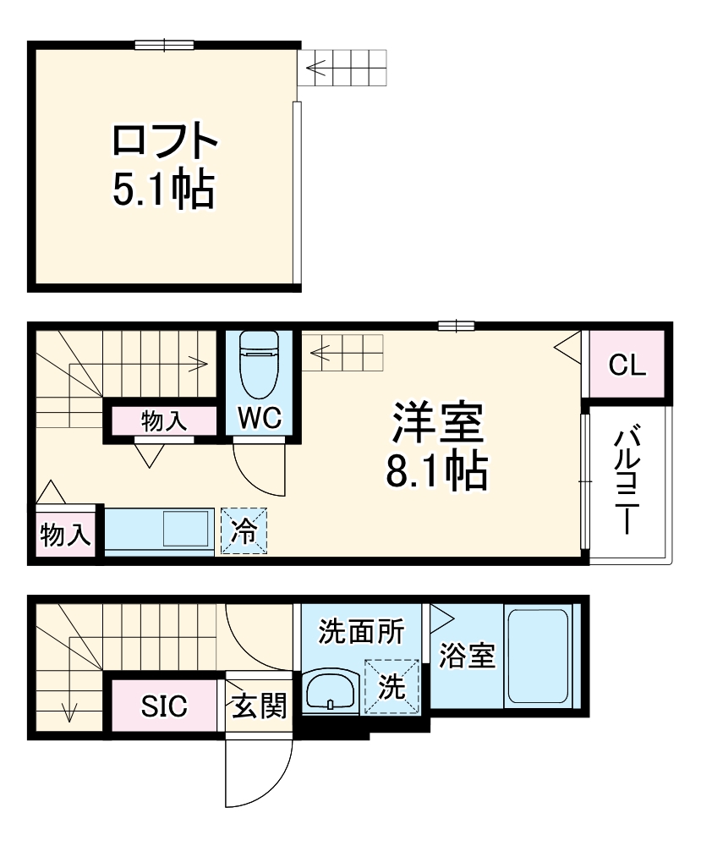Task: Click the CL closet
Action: pos(627,365)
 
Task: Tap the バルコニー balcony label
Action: pos(627,481)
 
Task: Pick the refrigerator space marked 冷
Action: pos(244,530)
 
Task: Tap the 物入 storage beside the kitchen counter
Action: pos(66,535)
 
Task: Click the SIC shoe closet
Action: pos(164,706)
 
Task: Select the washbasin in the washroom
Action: pos(330,691)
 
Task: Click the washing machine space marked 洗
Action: pos(391,687)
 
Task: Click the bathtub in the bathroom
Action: pos(537,656)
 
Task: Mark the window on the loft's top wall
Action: pos(164,45)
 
